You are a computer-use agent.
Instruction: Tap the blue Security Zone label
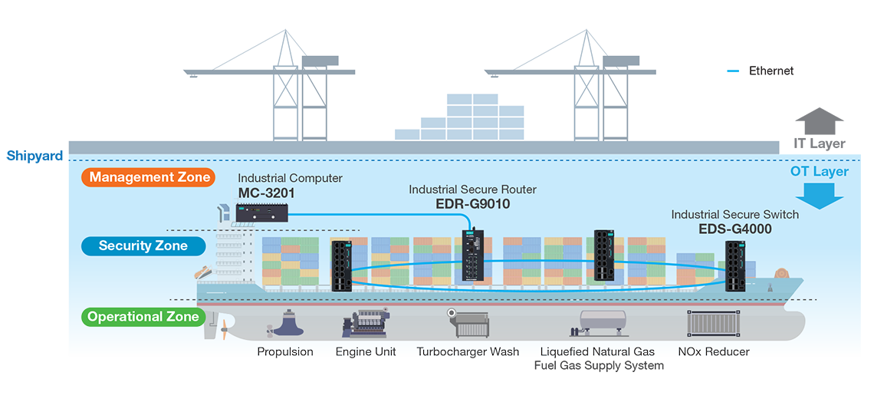click(143, 246)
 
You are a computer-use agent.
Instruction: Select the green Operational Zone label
click(143, 317)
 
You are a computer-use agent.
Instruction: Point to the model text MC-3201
click(265, 192)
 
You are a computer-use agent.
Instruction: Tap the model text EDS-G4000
click(734, 228)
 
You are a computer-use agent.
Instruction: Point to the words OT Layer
click(819, 172)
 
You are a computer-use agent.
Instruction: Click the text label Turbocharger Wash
click(468, 352)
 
